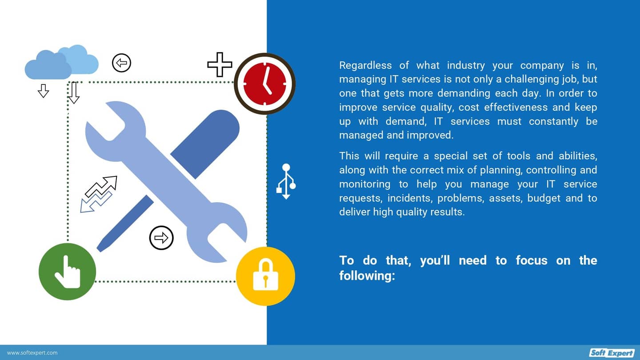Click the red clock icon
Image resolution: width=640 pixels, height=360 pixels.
coord(264,84)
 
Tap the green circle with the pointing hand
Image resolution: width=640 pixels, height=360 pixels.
coord(67,271)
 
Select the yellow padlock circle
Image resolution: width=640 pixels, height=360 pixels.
coord(265,276)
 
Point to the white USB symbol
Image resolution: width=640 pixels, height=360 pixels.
coord(286,181)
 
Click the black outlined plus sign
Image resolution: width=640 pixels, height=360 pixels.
coord(220,64)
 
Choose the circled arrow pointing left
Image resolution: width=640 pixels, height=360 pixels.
coord(121,63)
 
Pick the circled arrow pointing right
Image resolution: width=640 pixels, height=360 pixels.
coord(161,238)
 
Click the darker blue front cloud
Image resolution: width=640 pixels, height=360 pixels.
coord(47,67)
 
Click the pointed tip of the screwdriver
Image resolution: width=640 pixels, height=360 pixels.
coord(100,248)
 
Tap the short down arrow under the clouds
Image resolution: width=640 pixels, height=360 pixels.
coord(43,91)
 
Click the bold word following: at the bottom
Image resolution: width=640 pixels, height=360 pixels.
coord(367,276)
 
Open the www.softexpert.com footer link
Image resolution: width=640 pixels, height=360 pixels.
coord(32,353)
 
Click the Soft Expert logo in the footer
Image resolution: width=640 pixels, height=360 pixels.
coord(612,353)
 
